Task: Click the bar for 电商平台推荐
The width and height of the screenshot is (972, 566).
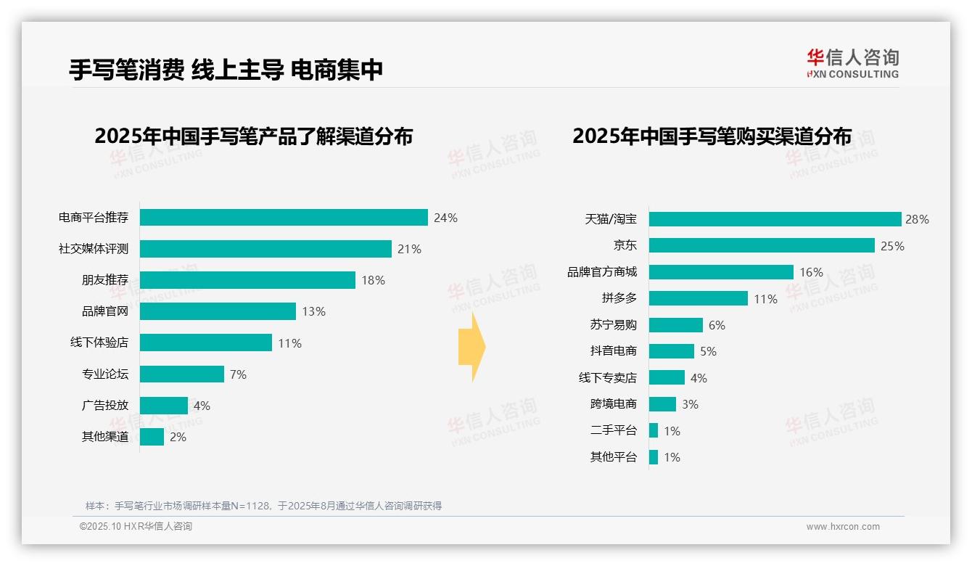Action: coord(284,218)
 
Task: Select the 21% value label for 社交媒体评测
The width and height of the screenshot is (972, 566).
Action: coord(409,249)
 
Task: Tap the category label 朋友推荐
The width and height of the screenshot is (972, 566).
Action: coord(104,280)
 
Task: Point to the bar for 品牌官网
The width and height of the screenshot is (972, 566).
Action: coord(218,311)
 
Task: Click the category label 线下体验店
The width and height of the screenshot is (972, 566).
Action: coord(99,343)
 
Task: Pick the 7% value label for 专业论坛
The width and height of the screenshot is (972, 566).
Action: coord(238,374)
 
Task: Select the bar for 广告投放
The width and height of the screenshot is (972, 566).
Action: coord(164,406)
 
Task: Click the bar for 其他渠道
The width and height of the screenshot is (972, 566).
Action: coord(152,437)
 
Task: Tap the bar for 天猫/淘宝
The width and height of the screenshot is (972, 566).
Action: coord(775,219)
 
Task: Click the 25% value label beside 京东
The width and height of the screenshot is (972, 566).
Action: coord(892,246)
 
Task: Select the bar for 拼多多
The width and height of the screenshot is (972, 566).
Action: coord(698,298)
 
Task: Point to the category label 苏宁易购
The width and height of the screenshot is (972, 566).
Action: coord(613,325)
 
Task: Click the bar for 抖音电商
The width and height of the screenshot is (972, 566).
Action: coord(671,351)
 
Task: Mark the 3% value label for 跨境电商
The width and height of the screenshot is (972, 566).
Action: coord(690,404)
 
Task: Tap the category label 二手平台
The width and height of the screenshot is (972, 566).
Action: coord(613,430)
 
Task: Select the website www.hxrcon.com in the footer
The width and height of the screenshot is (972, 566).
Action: coord(842,527)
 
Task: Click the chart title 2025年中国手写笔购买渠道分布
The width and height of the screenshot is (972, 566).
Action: coord(712,136)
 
